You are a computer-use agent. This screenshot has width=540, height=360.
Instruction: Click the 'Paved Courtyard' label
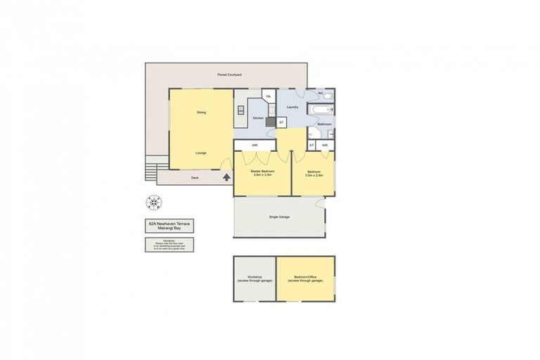[229, 75]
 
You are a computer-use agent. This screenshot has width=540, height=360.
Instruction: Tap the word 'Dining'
[201, 112]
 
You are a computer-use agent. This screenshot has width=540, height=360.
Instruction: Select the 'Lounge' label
[201, 152]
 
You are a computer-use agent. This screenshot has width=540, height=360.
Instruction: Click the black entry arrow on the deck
[226, 177]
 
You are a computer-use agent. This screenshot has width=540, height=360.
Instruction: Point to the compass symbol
[153, 202]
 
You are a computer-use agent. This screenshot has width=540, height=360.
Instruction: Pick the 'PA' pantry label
[269, 96]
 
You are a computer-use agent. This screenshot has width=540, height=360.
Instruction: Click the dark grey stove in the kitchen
[269, 120]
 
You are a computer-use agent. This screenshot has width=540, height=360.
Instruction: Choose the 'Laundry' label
[292, 107]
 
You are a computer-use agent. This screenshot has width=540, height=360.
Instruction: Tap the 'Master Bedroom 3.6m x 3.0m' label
[263, 174]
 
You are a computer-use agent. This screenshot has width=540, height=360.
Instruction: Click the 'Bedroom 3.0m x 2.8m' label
[314, 174]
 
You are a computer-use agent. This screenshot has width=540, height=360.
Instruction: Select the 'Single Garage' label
[279, 217]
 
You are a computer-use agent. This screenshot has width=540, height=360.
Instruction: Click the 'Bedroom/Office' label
[305, 278]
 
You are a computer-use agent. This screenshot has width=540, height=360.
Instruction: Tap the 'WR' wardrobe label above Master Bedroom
[254, 146]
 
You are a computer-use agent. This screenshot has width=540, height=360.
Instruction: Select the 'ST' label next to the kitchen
[281, 122]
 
